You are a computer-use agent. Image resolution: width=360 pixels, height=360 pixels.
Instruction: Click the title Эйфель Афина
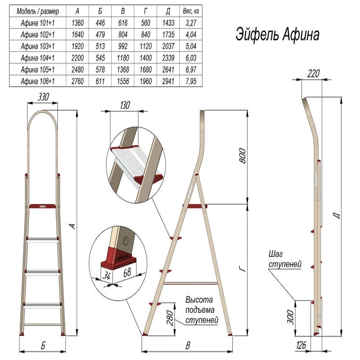[277, 35]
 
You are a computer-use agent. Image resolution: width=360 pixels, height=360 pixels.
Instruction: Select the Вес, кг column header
[191, 11]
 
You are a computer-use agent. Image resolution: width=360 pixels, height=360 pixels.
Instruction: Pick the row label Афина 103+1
[38, 46]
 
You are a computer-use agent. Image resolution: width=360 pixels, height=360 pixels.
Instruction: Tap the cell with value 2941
[168, 81]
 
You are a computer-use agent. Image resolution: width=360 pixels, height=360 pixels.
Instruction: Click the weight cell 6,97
[191, 69]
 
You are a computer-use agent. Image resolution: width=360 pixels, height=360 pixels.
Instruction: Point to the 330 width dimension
[43, 96]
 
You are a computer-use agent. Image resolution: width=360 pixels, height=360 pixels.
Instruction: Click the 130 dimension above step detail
[125, 105]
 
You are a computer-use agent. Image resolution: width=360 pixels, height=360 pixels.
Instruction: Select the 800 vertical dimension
[242, 156]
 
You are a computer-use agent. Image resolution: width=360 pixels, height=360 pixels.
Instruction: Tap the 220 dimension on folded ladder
[314, 73]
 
